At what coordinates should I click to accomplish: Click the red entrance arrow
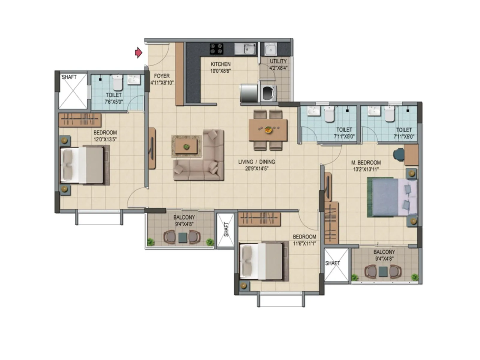(x=138, y=53)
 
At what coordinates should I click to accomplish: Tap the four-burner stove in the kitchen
(x=216, y=49)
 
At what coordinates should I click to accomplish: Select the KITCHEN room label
(x=220, y=64)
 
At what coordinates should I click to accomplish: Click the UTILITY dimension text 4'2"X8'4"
(x=278, y=68)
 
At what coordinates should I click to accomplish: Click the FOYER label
(x=162, y=76)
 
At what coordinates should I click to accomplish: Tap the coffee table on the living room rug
(x=186, y=146)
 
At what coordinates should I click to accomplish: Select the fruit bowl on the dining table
(x=268, y=130)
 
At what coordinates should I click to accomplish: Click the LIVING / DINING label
(x=256, y=162)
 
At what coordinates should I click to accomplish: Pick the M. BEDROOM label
(x=366, y=163)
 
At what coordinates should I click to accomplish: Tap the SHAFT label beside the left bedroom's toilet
(x=69, y=77)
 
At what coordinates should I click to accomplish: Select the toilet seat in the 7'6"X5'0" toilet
(x=117, y=83)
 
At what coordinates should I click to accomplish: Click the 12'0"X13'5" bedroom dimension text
(x=105, y=139)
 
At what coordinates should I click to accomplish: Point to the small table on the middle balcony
(x=182, y=238)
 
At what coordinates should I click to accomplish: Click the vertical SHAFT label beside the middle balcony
(x=226, y=229)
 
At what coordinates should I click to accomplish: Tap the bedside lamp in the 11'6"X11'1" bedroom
(x=244, y=285)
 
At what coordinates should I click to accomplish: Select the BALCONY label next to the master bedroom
(x=384, y=252)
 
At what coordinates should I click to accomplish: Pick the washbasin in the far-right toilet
(x=374, y=111)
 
